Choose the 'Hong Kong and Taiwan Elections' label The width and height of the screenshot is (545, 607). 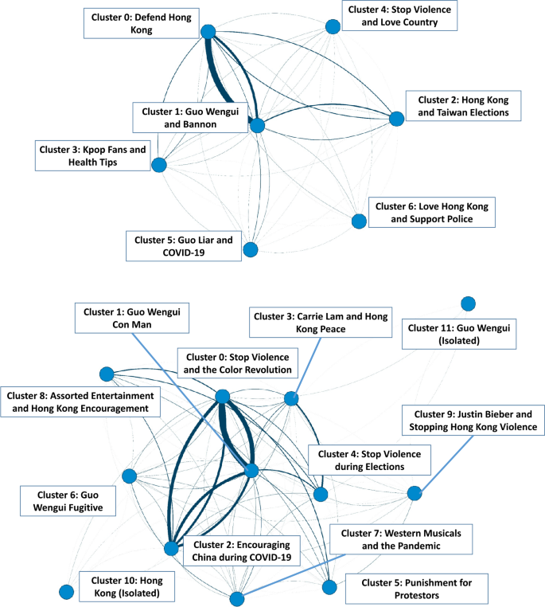point(463,106)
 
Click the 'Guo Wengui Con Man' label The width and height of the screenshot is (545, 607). point(131,318)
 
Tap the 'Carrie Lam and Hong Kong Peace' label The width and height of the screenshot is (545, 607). point(321,323)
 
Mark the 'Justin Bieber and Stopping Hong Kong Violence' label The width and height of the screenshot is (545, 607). point(473,420)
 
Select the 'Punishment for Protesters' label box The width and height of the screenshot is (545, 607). point(416,589)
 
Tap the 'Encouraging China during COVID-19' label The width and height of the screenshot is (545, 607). point(239,550)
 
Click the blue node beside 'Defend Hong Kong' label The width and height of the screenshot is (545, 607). point(208,32)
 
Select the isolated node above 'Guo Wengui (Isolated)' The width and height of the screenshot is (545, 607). point(468,303)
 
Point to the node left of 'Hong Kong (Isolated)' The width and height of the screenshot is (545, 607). point(66,591)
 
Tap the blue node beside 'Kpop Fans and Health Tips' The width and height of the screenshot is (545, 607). point(158,165)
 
